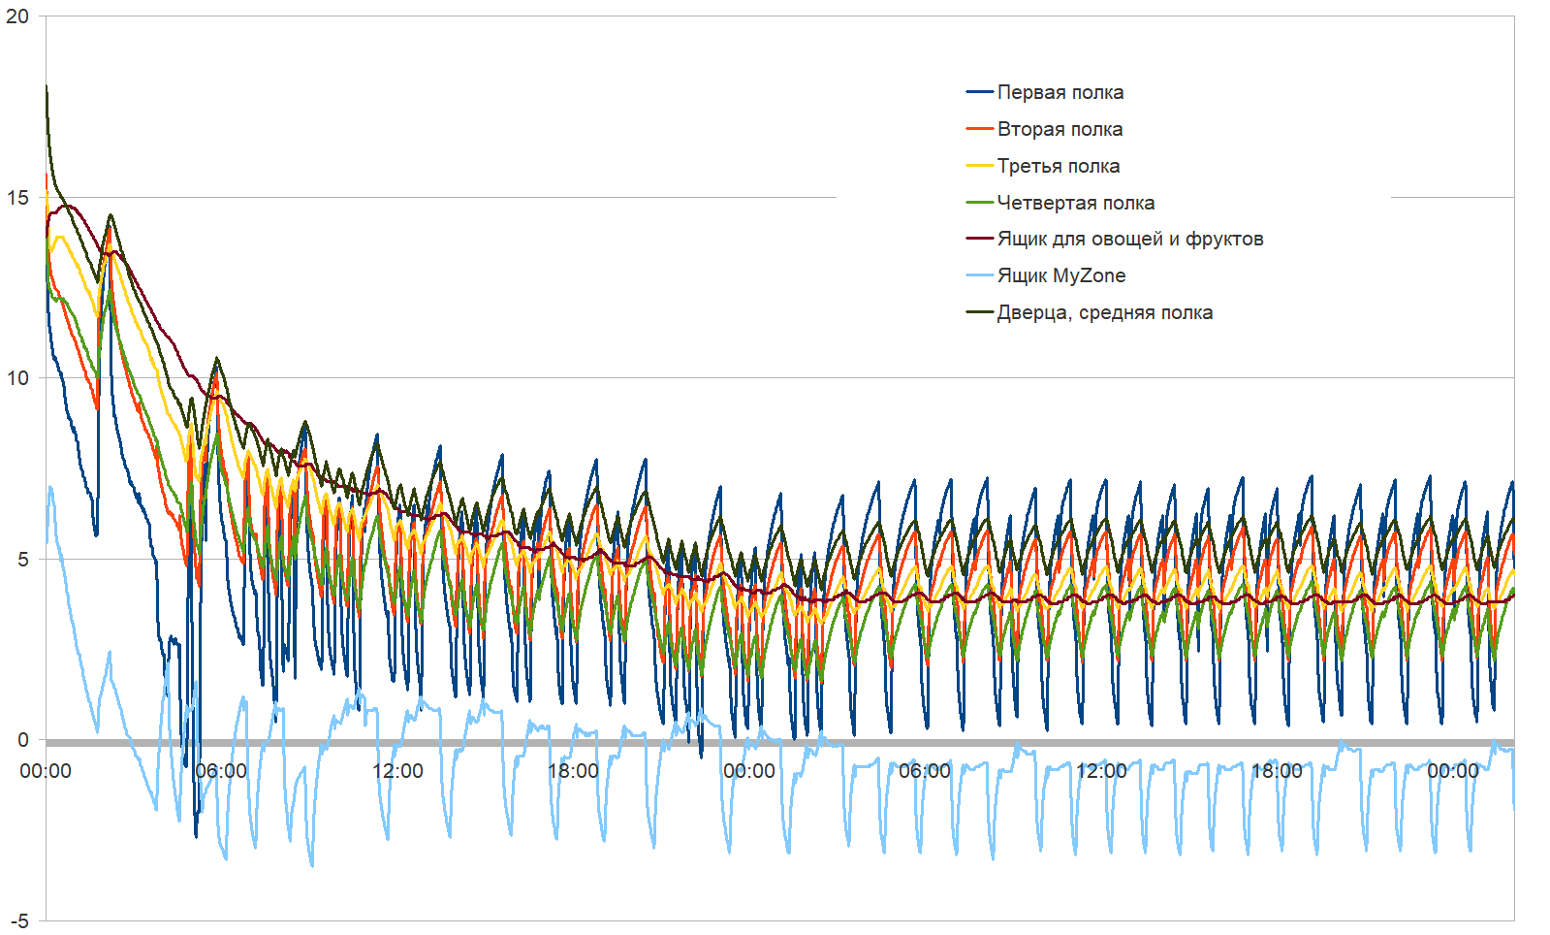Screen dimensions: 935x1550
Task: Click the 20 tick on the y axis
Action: [17, 16]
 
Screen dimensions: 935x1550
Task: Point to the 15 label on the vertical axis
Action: [17, 198]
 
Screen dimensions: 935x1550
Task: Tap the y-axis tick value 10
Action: [17, 378]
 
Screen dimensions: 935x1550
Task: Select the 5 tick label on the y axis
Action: [22, 560]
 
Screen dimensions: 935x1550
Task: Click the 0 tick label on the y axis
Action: [23, 740]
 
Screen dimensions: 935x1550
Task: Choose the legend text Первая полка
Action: [1060, 93]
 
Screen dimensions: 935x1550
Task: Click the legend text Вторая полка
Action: [1060, 130]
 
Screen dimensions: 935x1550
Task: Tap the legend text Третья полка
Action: [1059, 167]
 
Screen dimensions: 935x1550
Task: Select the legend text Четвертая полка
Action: [1076, 204]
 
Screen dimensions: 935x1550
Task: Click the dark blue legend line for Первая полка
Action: [980, 93]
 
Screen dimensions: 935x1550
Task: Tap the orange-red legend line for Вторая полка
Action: [980, 130]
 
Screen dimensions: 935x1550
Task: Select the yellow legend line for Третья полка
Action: [980, 167]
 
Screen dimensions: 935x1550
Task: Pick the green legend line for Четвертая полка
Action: [980, 204]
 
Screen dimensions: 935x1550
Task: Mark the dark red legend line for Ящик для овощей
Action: [980, 240]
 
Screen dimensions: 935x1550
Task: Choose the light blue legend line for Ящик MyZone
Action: [980, 276]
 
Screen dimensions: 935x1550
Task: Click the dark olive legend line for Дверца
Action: [980, 313]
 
